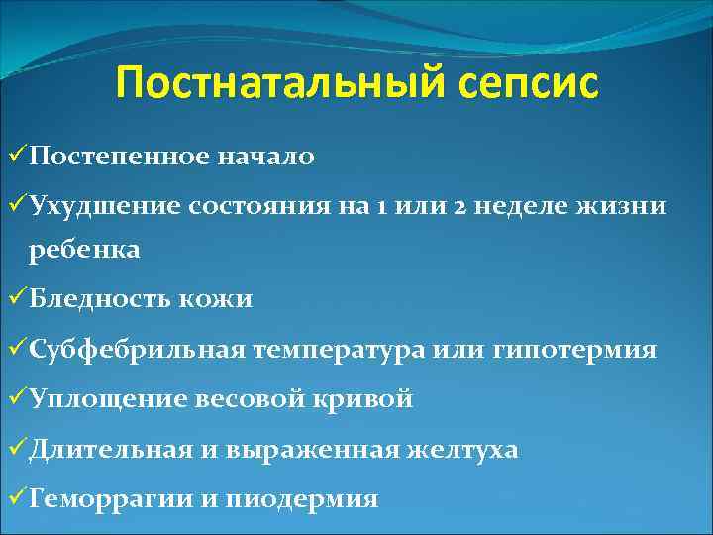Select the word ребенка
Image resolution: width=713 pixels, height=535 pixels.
[85, 251]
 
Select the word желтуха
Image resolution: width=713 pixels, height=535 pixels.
[461, 449]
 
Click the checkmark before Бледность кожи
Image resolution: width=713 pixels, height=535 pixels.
[14, 298]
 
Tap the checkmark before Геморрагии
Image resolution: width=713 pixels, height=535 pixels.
[14, 498]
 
